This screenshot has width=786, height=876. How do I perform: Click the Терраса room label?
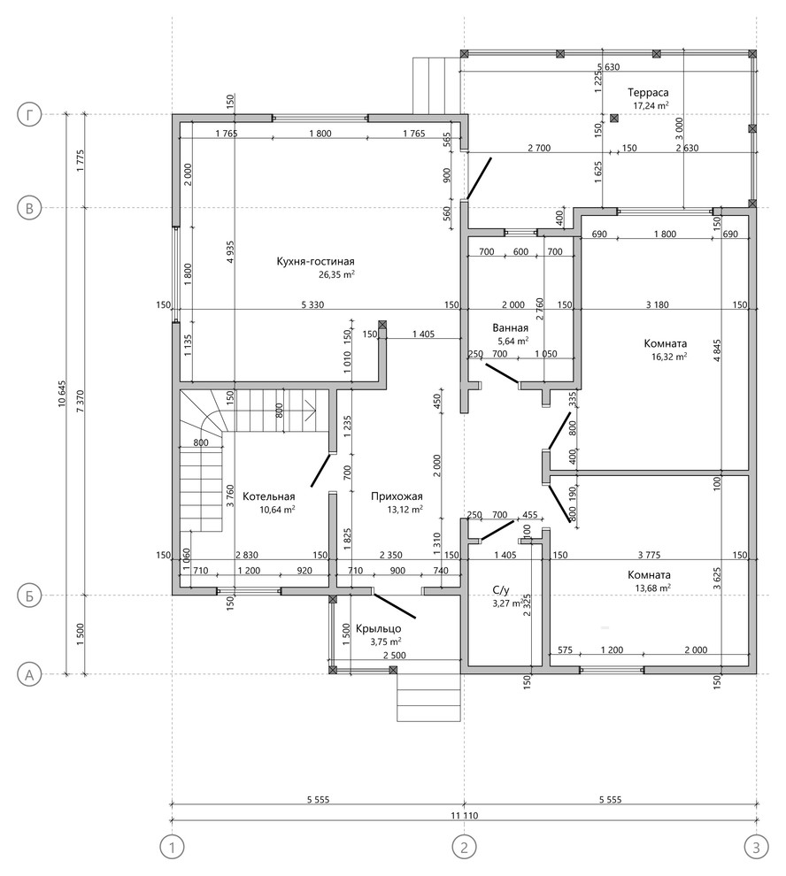coord(648,93)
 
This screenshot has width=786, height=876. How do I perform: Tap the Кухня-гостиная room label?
coord(315,261)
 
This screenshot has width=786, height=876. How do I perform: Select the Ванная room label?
coord(511,328)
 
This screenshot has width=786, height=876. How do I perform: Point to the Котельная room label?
coord(269,496)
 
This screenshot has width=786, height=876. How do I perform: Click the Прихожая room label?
coord(397,496)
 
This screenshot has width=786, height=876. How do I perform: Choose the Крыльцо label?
coord(379,629)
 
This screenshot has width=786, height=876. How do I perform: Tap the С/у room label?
coord(501,589)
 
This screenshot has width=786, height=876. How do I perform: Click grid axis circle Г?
coord(29,116)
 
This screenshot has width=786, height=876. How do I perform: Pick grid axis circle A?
coord(29,675)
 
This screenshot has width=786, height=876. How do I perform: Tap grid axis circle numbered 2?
coord(464,847)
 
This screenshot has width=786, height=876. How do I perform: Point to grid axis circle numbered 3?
coord(757,847)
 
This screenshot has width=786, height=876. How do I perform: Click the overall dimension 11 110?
coord(464,816)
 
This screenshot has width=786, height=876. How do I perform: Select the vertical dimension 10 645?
coord(62,395)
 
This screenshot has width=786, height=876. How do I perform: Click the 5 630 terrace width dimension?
coord(608,67)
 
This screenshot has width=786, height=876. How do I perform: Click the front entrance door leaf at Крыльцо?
coord(395,606)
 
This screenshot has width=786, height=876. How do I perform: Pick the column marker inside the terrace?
coord(614,118)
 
